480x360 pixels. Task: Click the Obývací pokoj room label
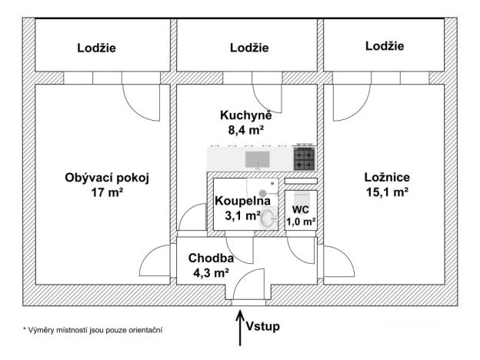pos(106,178)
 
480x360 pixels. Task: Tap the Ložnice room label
pos(385,177)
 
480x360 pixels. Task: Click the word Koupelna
pos(242,201)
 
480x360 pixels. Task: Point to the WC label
pos(300,208)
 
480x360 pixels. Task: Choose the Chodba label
pos(209,258)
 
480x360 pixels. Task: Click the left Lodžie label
pos(97,48)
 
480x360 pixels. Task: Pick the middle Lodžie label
pos(249,48)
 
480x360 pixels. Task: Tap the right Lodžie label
pos(385,47)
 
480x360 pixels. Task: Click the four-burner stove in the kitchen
pos(304,158)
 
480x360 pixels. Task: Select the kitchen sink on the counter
pos(256,159)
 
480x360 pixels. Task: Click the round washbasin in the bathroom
pos(268,219)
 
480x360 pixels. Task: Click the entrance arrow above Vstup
pos(240,322)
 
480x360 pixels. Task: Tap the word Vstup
pos(262,326)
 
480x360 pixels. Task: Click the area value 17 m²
pos(107,192)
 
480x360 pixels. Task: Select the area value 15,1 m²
pos(385,192)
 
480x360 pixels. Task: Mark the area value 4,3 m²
pos(210,272)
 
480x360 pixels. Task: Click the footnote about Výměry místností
pos(92,329)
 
